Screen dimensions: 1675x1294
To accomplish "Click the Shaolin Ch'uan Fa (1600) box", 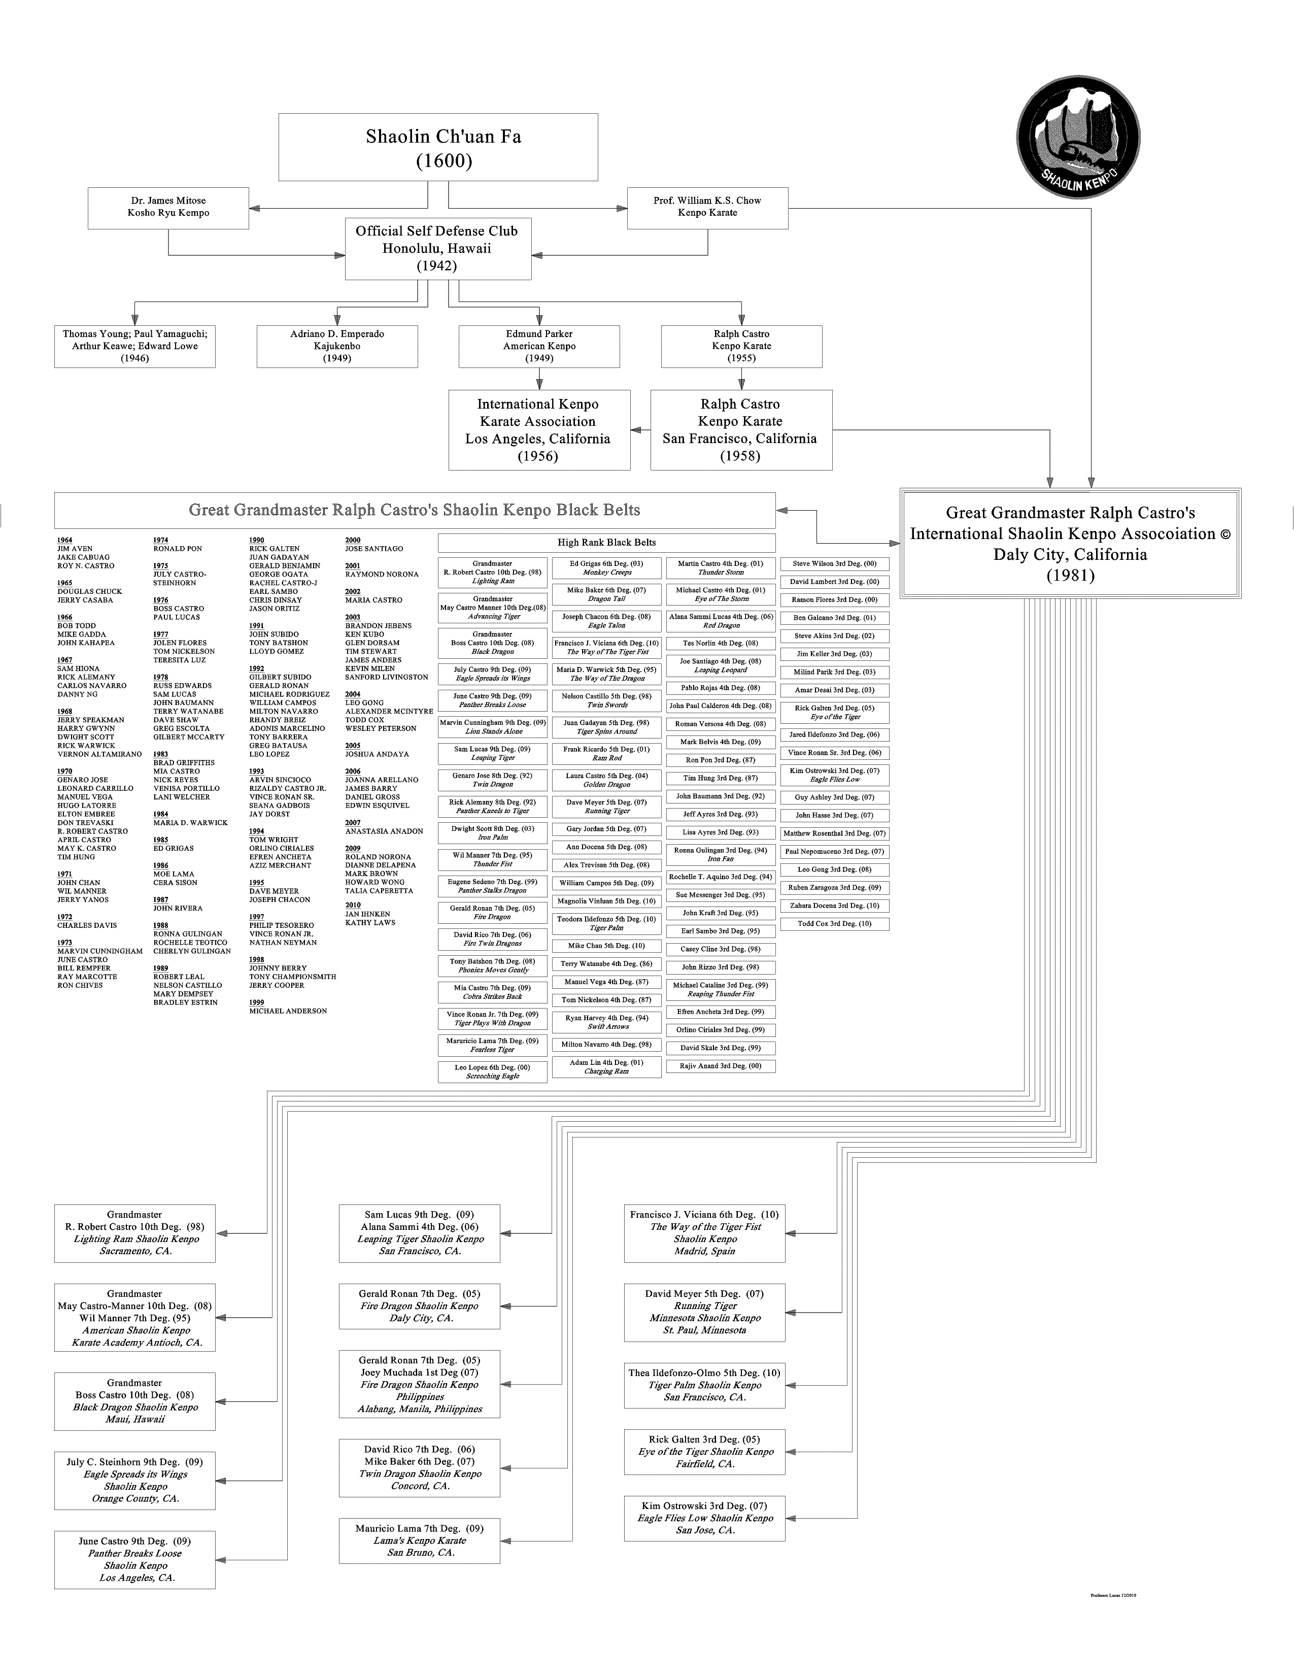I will (x=438, y=147).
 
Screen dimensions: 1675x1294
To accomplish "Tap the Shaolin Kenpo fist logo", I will (x=1078, y=137).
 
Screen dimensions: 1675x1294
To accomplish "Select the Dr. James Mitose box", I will (x=168, y=207).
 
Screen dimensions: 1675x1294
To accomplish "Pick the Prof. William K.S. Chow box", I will (x=707, y=207).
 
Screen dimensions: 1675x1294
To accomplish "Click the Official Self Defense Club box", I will (x=438, y=249).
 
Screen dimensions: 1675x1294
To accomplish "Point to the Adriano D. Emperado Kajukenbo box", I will (x=337, y=346).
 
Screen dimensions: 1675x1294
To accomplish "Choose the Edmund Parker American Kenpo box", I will (x=539, y=346).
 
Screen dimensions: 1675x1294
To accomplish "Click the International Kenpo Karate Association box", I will (x=539, y=429).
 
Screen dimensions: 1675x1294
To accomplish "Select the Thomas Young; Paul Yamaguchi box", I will (x=135, y=346).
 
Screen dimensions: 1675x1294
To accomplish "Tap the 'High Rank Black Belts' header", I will (x=606, y=542).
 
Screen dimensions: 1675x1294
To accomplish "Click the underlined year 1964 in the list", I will (x=64, y=540).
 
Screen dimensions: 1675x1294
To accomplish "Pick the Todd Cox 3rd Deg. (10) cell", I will (x=835, y=923).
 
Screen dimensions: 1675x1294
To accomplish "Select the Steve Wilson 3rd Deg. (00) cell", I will (x=835, y=564).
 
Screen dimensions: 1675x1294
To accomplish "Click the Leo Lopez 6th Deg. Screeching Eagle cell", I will (x=493, y=1071).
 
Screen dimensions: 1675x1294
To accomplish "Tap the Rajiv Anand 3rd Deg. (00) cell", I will (x=721, y=1066).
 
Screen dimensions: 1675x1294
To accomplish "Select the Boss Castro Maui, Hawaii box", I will (x=135, y=1401).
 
